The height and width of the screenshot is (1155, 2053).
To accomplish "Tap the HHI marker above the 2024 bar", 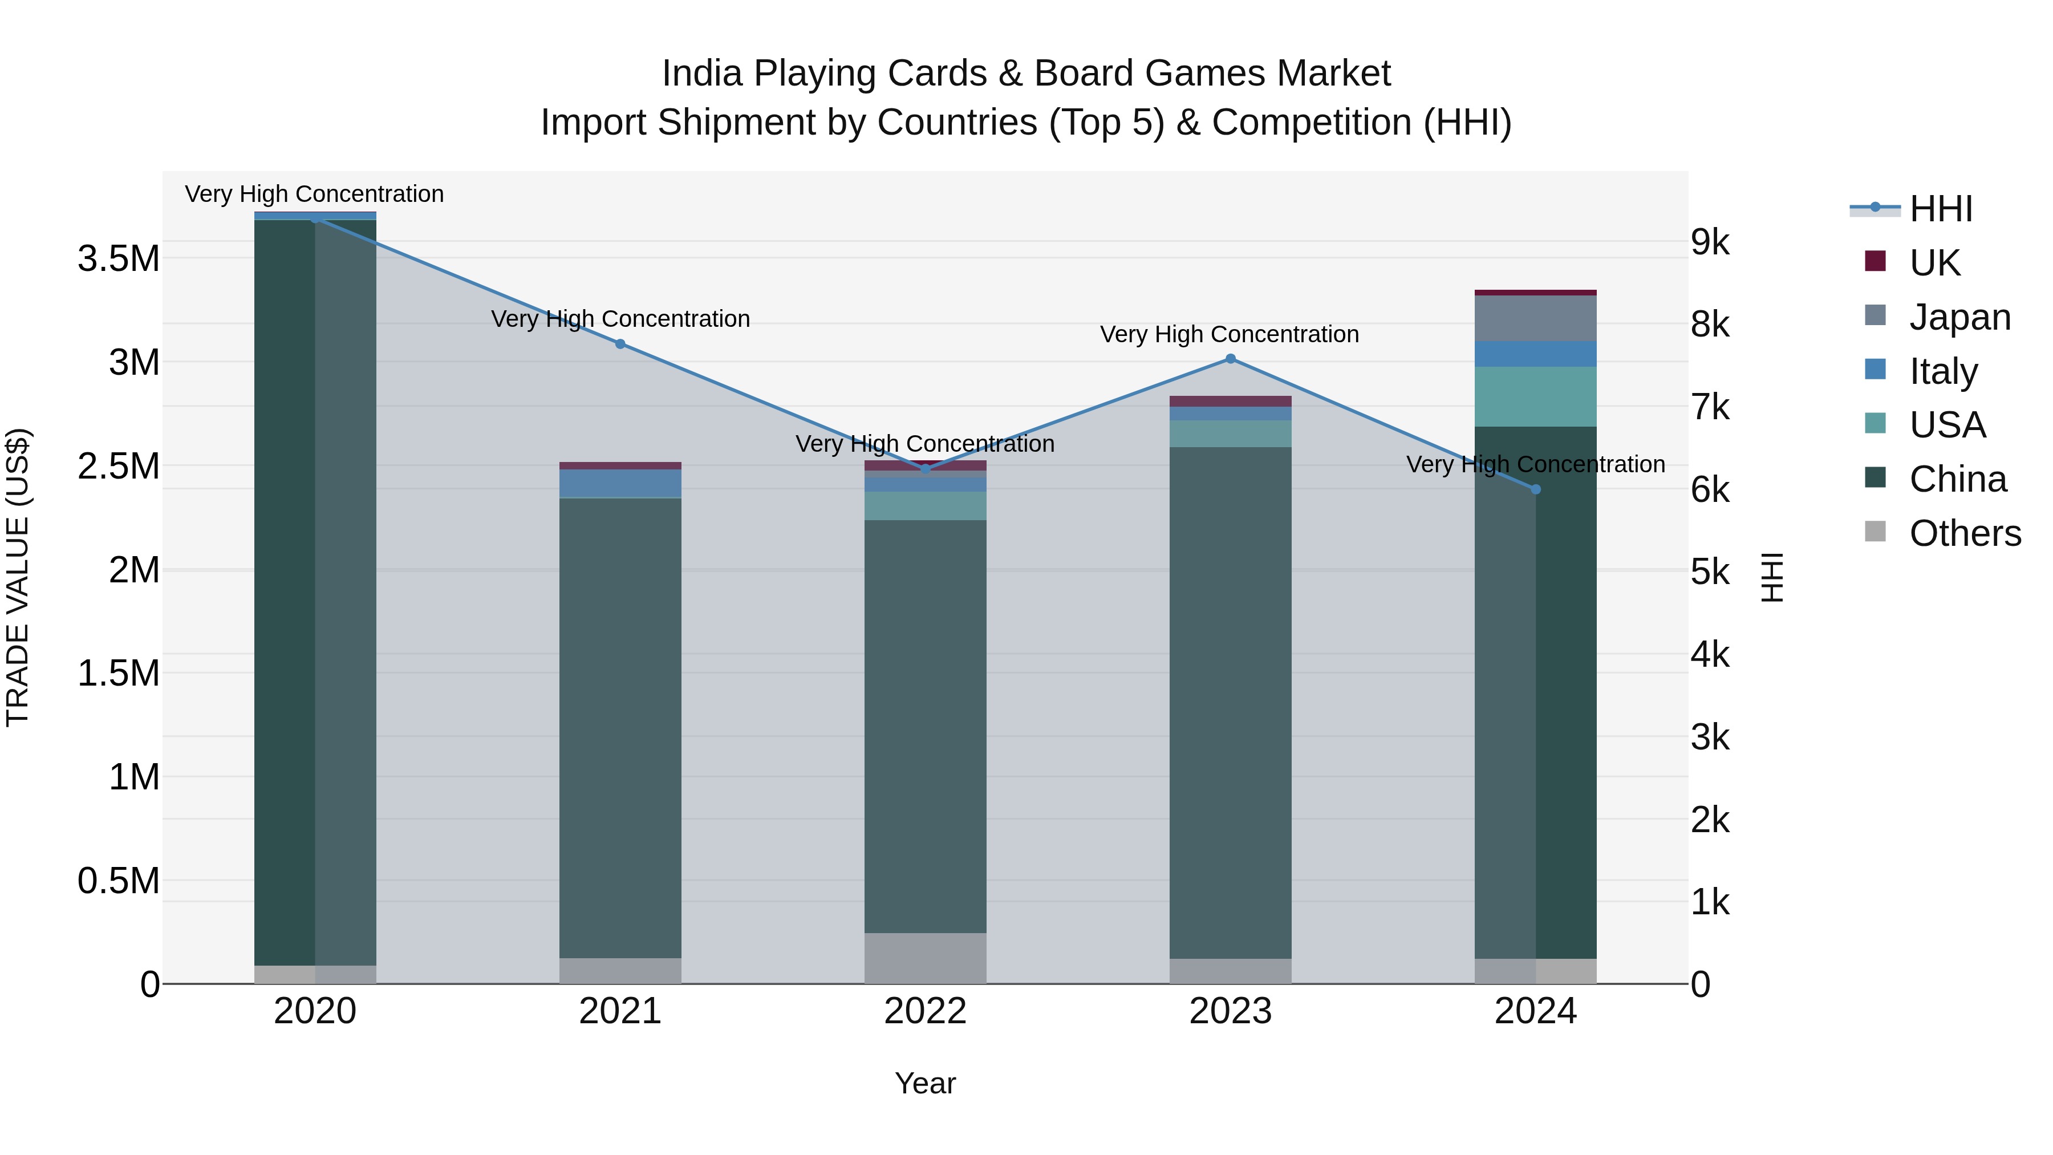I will (1536, 489).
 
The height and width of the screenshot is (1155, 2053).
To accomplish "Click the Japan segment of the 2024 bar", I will (1536, 319).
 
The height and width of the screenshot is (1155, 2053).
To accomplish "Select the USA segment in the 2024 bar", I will (1536, 397).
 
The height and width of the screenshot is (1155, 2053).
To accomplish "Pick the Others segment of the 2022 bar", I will (926, 958).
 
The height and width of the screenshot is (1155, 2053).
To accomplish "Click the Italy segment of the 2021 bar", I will (620, 483).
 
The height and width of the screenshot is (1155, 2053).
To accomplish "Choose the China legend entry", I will (1957, 479).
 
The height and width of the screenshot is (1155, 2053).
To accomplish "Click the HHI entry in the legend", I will (1941, 209).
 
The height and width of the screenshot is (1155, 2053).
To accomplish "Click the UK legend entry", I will (1934, 262).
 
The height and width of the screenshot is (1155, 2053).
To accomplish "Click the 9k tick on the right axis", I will (1711, 242).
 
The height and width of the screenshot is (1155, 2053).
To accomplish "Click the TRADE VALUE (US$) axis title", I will (18, 577).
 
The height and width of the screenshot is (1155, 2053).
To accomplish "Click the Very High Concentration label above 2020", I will (314, 194).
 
